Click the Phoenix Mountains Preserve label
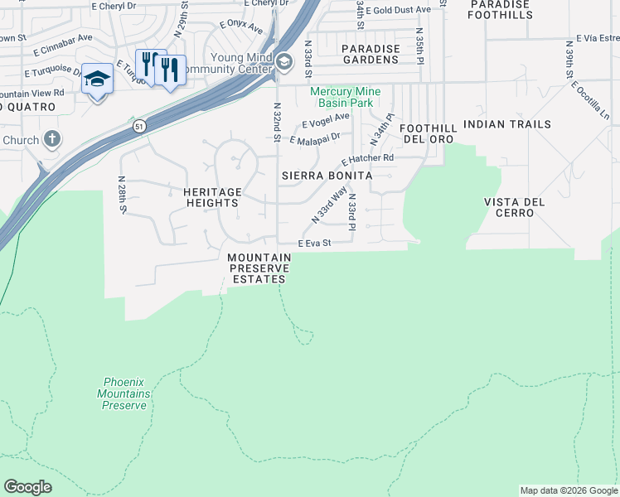(124, 393)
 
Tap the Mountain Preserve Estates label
(259, 269)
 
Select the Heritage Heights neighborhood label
(212, 197)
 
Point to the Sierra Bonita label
(326, 176)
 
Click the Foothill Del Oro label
(428, 133)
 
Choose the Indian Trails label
(507, 124)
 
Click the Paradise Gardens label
(371, 55)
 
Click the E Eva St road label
(314, 244)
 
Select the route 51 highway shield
(138, 125)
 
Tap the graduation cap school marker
(97, 79)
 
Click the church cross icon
(51, 138)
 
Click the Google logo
(27, 487)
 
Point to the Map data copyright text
(569, 490)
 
